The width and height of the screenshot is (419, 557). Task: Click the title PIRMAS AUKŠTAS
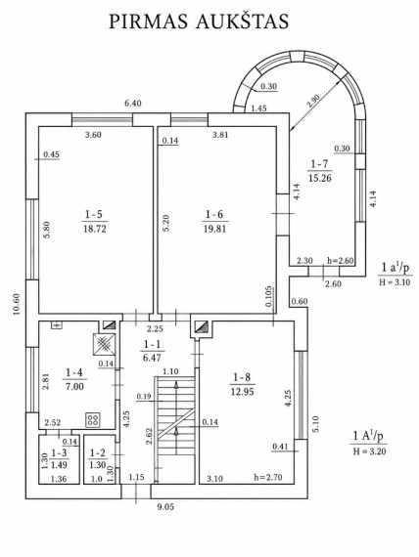pos(199,21)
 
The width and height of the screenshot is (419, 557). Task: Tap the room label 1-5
pos(94,214)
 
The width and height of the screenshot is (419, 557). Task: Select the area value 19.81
pos(214,229)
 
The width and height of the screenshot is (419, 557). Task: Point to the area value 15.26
pos(320,178)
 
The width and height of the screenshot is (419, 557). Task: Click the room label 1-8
pos(242,377)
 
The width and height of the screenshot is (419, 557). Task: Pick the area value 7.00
pos(74,386)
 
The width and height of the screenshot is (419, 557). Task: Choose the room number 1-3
pos(59,452)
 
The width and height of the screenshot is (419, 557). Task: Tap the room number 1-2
pos(98,452)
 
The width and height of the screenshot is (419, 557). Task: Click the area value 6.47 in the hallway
pos(152,358)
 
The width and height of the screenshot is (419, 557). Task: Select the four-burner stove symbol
pos(93,420)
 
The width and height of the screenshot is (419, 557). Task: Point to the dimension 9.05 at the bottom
pos(164,507)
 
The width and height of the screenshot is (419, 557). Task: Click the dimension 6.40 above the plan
pos(133,104)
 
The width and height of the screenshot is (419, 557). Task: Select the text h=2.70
pos(267,477)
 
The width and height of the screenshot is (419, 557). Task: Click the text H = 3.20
pos(369,451)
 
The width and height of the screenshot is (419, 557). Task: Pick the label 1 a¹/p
pos(396,268)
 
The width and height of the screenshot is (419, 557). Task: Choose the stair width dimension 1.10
pos(170,371)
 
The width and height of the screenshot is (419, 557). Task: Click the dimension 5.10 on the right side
pos(316,424)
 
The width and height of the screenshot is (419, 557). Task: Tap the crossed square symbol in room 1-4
pos(104,344)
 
